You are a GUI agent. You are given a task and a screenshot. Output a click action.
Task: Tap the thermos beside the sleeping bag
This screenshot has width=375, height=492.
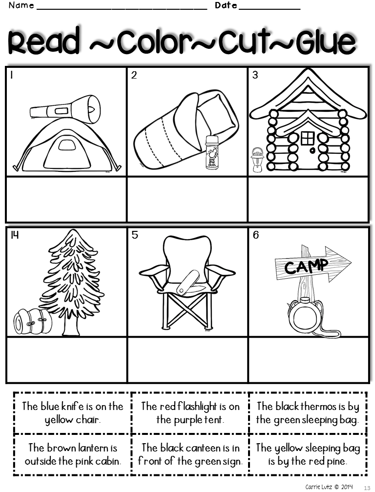[x=211, y=152]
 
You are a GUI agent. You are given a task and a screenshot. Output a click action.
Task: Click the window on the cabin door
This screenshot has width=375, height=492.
[x=308, y=138]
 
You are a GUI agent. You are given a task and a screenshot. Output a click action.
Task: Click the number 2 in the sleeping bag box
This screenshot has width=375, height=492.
[x=134, y=75]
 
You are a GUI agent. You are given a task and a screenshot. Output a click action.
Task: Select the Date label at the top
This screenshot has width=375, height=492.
[x=226, y=6]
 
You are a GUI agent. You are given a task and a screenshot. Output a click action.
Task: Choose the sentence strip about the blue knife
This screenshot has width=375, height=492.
[x=72, y=413]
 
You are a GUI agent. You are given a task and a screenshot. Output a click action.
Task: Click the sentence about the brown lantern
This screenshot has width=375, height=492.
[x=72, y=454]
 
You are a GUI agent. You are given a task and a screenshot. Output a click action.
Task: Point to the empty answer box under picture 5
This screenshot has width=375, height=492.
[x=187, y=359]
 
